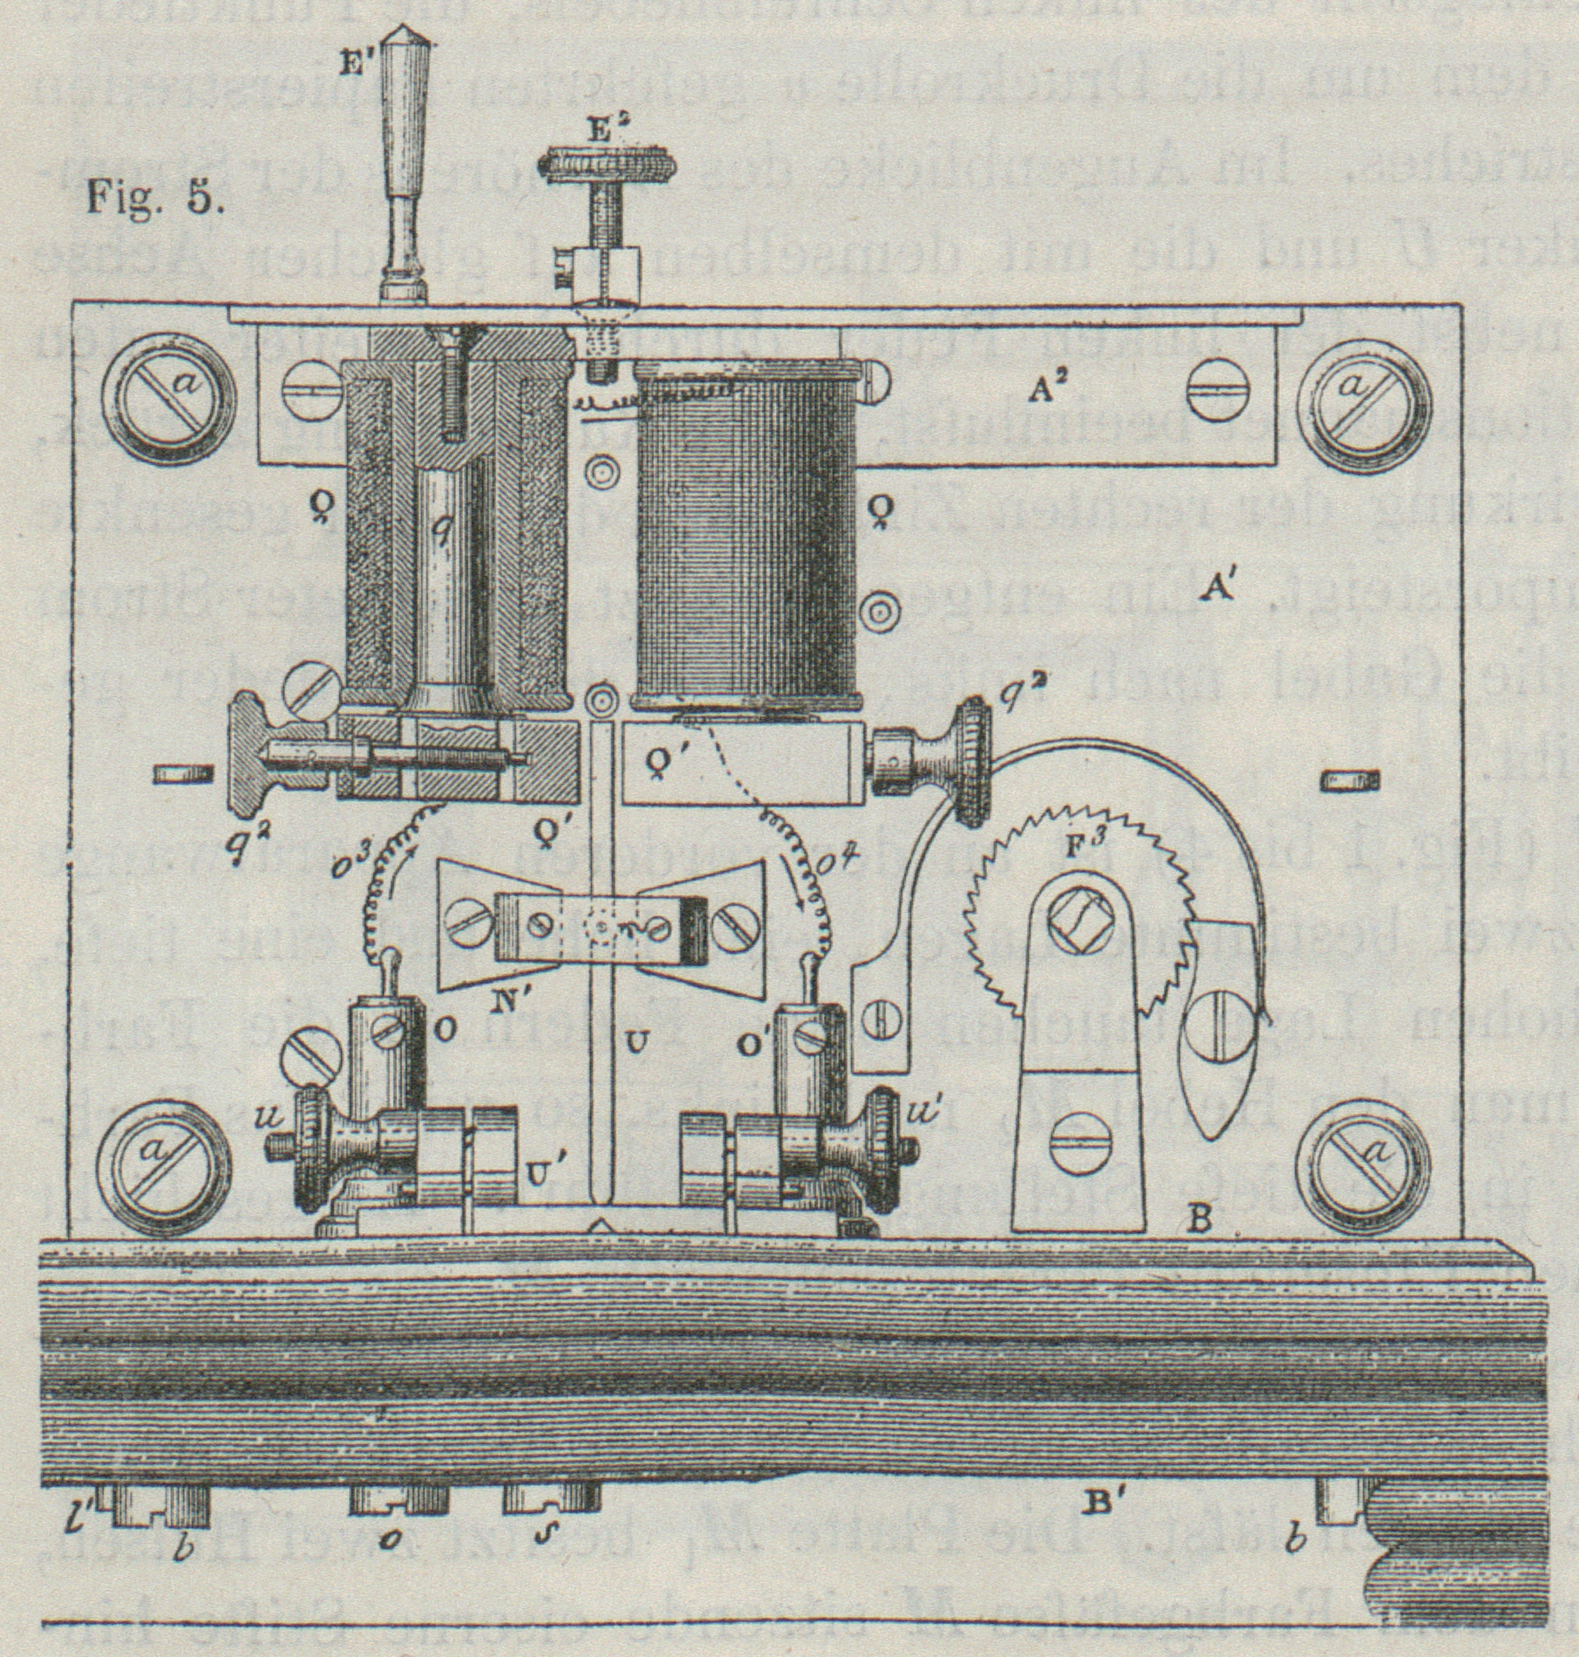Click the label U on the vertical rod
click(638, 1041)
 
